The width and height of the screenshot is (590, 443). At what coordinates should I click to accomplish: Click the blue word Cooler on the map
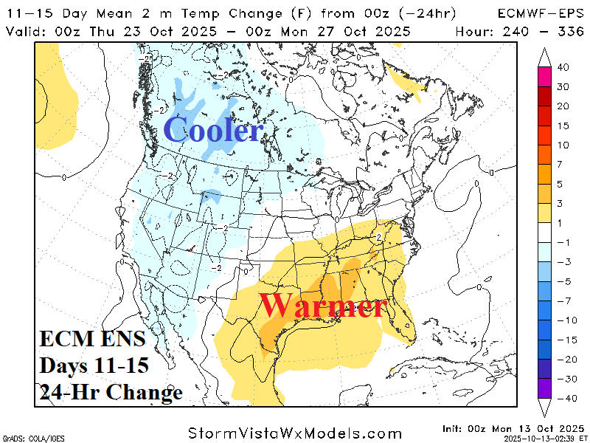pos(213,131)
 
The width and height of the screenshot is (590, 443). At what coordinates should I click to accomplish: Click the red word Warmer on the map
pos(323,306)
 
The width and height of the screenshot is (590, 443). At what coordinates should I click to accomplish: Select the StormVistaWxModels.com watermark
pos(294,433)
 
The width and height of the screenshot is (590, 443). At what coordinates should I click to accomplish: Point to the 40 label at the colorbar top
pos(563,68)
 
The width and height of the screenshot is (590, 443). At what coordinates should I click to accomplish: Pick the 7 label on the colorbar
pos(560,163)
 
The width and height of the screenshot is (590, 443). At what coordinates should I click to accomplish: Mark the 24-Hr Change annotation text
pos(111,393)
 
